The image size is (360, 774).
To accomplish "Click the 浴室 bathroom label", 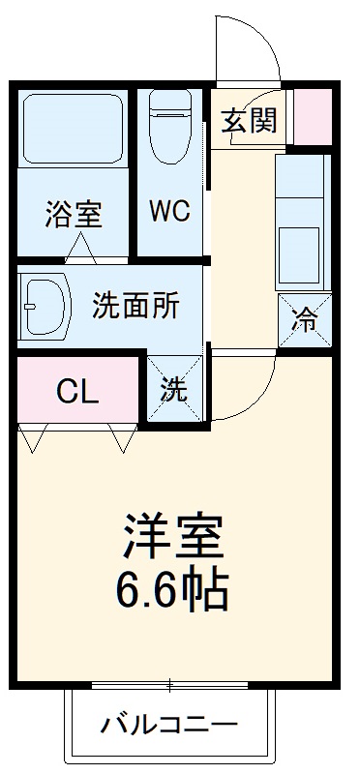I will coord(73,214).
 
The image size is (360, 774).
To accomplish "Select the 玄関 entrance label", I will coord(249,121).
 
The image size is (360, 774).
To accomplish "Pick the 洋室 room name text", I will coord(174,534).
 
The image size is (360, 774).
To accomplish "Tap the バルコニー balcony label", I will coord(169,724).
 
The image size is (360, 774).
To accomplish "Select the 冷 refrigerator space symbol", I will coord(305,320).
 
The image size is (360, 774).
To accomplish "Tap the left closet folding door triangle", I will coord(34,440).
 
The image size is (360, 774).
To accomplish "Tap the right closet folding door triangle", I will coord(123,440).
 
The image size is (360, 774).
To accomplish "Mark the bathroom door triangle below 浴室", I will coord(80,253).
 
